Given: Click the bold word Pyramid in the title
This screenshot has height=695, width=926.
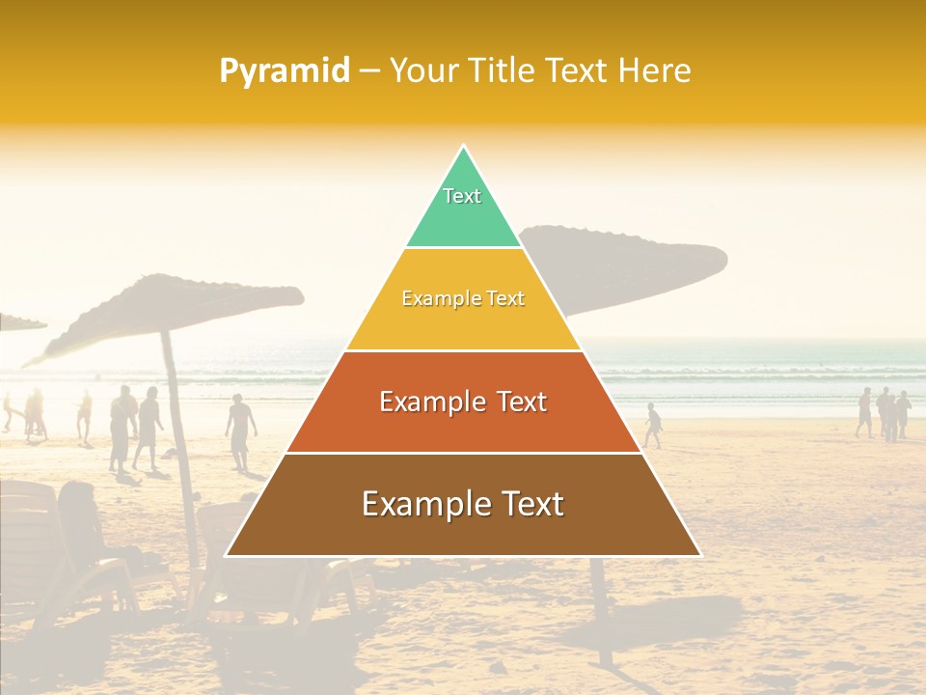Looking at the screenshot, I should [284, 70].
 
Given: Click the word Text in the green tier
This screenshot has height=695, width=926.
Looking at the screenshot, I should [462, 196].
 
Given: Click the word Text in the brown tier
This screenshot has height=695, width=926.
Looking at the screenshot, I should [526, 504].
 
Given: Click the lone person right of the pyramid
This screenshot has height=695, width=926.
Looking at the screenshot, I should [654, 425].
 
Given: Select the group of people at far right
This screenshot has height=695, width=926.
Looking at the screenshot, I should [883, 413].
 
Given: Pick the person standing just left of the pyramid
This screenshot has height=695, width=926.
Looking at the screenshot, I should [241, 430].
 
